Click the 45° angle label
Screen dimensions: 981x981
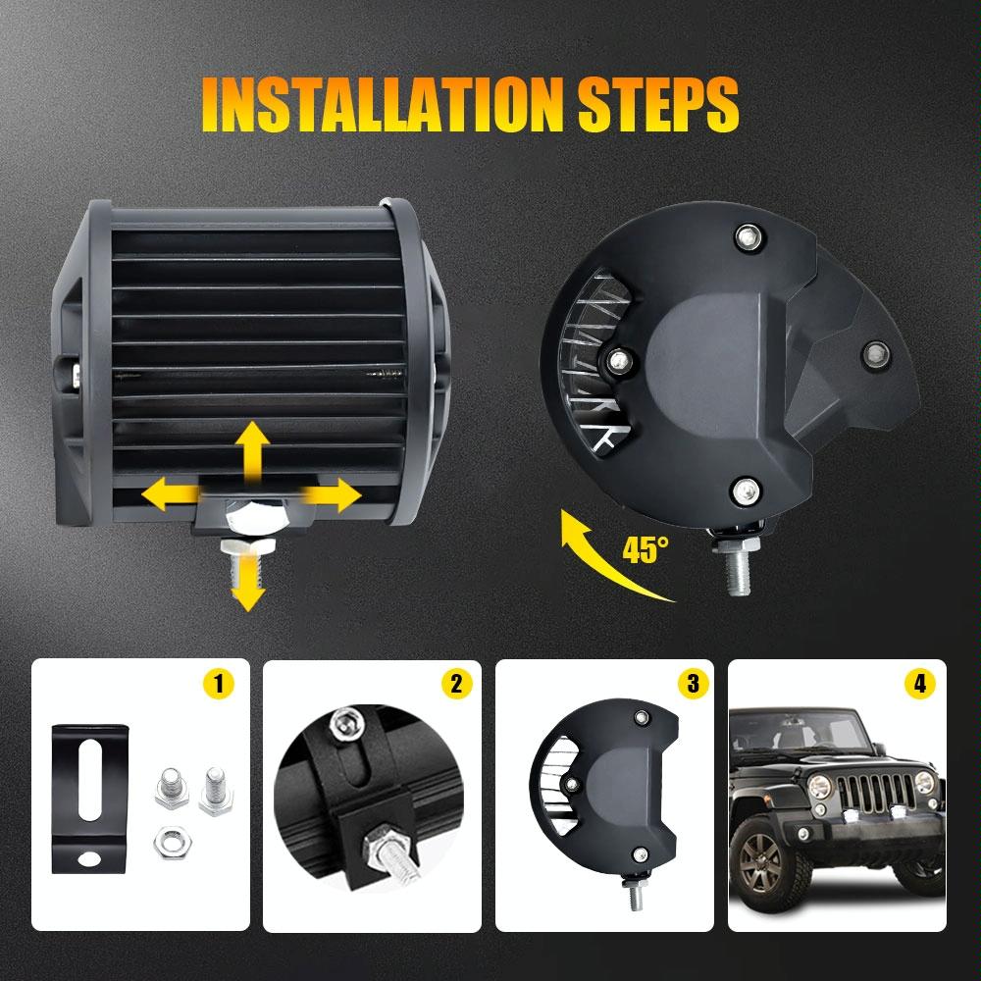click(x=645, y=548)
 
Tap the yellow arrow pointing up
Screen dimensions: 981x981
click(x=252, y=449)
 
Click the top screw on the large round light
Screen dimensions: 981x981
click(x=749, y=234)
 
